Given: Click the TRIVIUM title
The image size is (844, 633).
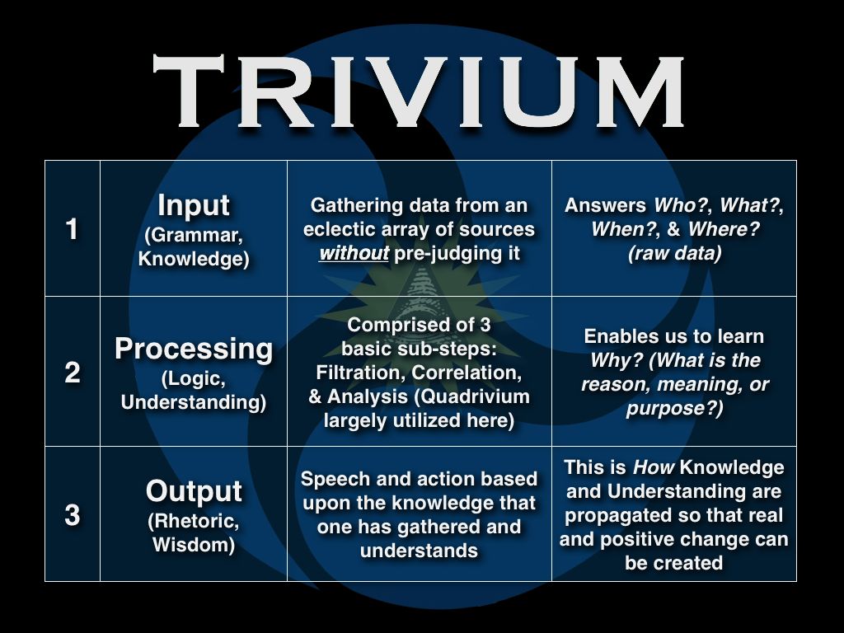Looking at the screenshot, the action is [x=418, y=91].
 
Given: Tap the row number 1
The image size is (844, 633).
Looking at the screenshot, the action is [x=72, y=229].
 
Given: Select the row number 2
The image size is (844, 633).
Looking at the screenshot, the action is [x=73, y=372].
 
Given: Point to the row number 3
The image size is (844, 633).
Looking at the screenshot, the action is [x=73, y=514].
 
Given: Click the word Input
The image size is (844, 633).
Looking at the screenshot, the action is [x=194, y=206].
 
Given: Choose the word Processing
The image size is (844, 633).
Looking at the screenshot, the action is [x=194, y=349].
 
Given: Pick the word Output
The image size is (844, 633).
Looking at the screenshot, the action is [x=194, y=491].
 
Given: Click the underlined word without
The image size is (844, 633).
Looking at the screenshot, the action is [x=354, y=252].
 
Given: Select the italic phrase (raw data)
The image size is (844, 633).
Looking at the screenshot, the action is [x=674, y=253].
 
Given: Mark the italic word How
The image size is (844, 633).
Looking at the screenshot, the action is [x=654, y=467].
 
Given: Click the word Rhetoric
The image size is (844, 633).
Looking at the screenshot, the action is [x=194, y=521].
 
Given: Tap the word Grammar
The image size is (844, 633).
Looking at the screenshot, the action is [x=194, y=235].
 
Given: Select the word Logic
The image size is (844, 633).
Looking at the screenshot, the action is [x=194, y=378].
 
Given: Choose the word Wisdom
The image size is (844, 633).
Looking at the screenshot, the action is [x=194, y=544].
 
